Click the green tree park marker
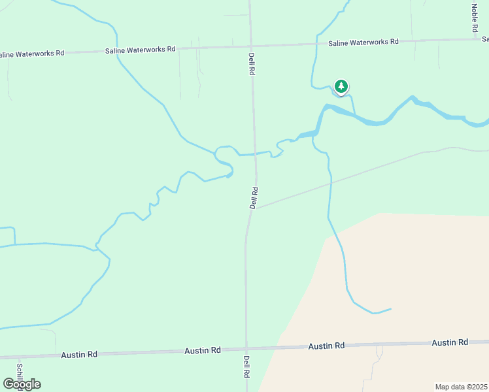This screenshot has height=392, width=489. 341,86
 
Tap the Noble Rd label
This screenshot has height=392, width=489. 475,19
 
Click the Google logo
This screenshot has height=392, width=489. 22,384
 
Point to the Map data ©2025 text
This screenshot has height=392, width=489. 462,387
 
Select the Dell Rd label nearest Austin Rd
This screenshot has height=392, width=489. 247,367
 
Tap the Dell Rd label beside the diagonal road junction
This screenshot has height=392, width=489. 254,197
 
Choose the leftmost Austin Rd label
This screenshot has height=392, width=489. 79,354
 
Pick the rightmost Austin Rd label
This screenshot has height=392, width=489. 450,342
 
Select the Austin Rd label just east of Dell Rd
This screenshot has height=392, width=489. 326,346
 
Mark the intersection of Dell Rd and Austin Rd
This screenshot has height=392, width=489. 246,349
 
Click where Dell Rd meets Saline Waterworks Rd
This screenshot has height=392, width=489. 250,46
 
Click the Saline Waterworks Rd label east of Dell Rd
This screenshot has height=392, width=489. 363,42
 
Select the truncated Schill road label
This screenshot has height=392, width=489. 20,372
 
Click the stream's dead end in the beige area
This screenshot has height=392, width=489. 391,309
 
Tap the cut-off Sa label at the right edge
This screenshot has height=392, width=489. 484,39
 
